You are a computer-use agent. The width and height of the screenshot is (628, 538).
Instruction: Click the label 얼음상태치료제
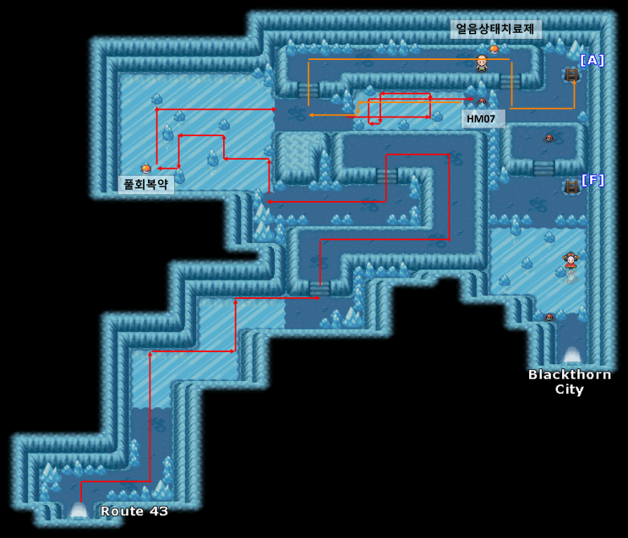coord(495,30)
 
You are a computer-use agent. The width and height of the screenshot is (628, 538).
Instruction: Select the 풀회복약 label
coord(145,184)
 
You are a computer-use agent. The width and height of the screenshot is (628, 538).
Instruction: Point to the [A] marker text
coord(592,61)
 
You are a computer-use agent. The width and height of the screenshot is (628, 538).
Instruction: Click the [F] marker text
coord(593,180)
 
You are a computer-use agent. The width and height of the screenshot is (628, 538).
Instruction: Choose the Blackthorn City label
coord(570,382)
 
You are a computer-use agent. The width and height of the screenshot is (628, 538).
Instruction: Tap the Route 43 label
coord(134,511)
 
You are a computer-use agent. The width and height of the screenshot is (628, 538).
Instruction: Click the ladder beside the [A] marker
coord(571,74)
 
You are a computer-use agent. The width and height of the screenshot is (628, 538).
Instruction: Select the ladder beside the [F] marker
coord(571,187)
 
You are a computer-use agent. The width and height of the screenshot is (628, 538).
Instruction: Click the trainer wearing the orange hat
coord(482,63)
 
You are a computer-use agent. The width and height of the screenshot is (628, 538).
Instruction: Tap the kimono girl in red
coord(570,261)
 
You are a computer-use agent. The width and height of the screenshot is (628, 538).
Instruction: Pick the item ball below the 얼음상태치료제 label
coord(494,49)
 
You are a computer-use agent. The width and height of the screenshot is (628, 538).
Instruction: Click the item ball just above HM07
coord(482,101)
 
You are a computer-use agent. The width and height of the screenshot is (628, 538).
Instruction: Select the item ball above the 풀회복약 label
coord(145,169)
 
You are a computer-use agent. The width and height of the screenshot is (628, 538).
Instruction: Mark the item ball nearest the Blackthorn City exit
coord(549,318)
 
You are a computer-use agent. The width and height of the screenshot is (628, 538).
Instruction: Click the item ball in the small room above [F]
coord(549,139)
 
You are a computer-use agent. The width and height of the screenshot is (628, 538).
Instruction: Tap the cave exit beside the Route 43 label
coord(79,509)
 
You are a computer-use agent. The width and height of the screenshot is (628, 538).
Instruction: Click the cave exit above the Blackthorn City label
coord(572,355)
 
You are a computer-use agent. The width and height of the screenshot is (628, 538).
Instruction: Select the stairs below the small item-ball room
coord(543,168)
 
